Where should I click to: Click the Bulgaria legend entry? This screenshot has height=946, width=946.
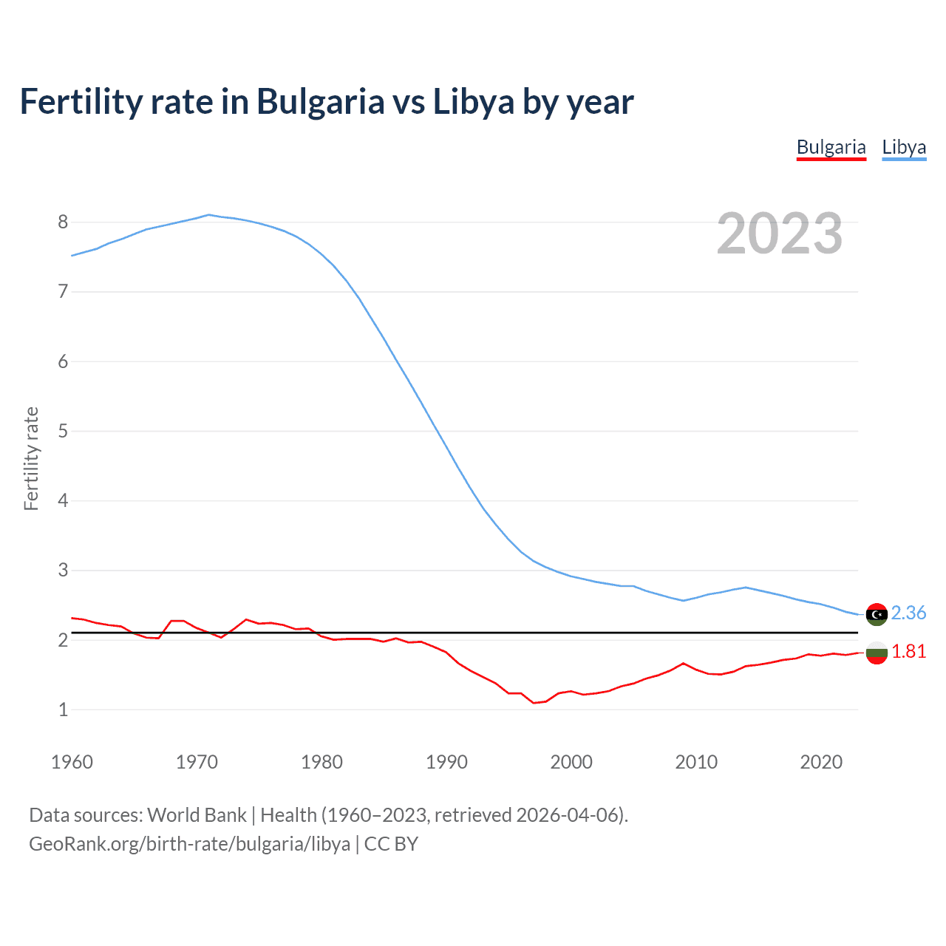(x=831, y=147)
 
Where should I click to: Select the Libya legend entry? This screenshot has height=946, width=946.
(x=904, y=147)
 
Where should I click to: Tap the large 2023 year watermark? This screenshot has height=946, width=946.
(x=780, y=234)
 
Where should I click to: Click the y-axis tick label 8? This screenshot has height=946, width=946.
(x=63, y=222)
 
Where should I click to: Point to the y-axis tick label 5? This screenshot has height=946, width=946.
(x=63, y=431)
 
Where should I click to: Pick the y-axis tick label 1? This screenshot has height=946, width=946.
(x=63, y=709)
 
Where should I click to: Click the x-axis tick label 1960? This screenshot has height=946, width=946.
(x=72, y=762)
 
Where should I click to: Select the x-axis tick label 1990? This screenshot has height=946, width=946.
(x=446, y=762)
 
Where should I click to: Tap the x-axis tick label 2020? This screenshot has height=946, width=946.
(x=821, y=762)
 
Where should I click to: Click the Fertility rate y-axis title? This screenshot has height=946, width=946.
(x=31, y=458)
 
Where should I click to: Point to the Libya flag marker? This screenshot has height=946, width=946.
(x=877, y=614)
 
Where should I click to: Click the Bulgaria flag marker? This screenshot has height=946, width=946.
(x=877, y=653)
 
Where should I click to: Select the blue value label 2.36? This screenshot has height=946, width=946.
(x=908, y=613)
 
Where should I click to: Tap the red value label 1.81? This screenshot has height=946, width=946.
(x=908, y=651)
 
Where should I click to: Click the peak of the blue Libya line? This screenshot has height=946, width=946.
(x=208, y=215)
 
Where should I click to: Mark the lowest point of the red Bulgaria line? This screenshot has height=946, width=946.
(x=534, y=703)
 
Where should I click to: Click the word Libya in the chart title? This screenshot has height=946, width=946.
(x=473, y=102)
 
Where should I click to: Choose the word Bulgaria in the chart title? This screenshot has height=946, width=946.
(x=320, y=102)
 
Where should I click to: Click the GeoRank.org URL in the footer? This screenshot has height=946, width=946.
(x=189, y=843)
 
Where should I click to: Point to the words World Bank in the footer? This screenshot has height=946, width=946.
(x=197, y=814)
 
